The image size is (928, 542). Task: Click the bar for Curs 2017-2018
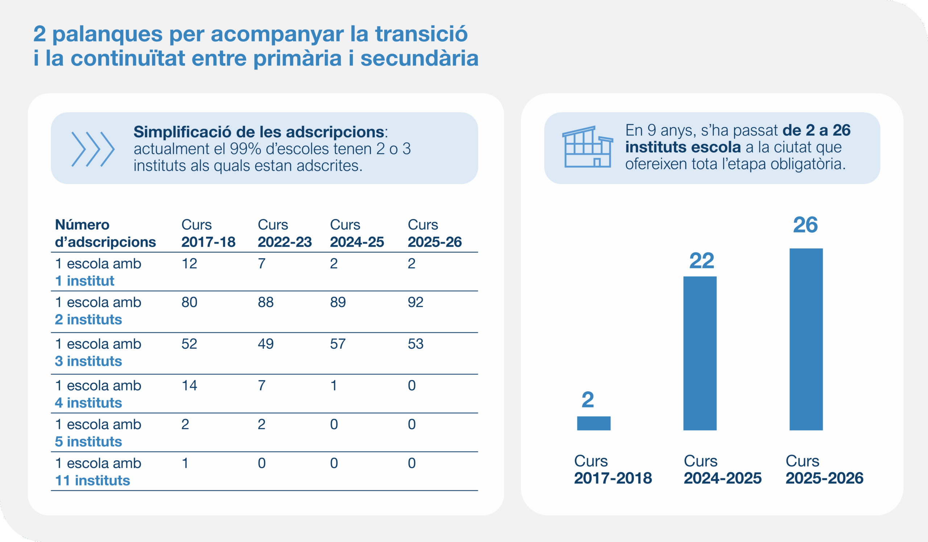tap(594, 423)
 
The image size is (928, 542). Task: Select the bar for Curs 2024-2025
tap(700, 353)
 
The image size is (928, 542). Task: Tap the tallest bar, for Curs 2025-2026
tap(806, 339)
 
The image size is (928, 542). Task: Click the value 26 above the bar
tap(805, 225)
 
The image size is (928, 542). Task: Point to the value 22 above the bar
tap(701, 261)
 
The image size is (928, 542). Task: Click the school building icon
tap(587, 147)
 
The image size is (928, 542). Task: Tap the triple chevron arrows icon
tap(93, 149)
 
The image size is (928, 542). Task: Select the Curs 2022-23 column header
tap(284, 233)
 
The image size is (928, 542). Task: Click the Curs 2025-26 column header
tap(434, 233)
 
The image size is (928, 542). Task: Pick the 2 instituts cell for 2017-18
tap(189, 302)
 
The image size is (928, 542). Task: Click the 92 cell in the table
tap(415, 302)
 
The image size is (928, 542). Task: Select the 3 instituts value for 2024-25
tap(338, 344)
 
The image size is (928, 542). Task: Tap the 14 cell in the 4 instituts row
tap(189, 385)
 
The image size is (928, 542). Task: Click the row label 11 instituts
tap(92, 480)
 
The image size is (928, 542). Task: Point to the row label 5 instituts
tap(88, 442)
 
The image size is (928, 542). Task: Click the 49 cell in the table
tap(265, 344)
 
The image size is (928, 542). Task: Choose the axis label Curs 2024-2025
tap(722, 469)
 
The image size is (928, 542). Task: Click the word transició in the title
tap(421, 34)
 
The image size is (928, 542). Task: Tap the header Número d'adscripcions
tap(105, 233)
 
